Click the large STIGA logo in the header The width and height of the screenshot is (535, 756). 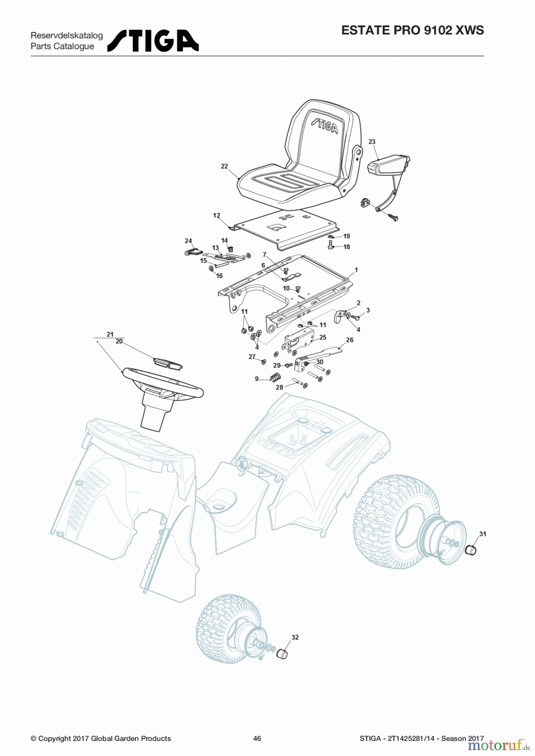click(153, 41)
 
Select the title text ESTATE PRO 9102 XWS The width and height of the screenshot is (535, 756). click(413, 30)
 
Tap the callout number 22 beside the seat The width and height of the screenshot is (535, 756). click(225, 166)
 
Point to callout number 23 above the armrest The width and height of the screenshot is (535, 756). click(372, 142)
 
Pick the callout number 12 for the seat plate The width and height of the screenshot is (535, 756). click(217, 215)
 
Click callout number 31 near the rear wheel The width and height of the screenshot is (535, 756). click(482, 534)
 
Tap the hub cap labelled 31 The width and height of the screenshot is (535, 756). click(471, 549)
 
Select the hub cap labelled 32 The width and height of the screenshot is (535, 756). click(282, 654)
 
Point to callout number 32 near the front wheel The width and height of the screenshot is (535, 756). click(295, 637)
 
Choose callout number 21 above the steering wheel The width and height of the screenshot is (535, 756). click(110, 334)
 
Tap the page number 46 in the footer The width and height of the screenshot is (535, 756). click(257, 738)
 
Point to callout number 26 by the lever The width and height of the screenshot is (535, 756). click(350, 340)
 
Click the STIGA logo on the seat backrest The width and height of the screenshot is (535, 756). click(324, 125)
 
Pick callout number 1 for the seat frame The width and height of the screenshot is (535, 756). click(356, 270)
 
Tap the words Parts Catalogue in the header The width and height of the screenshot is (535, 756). click(62, 47)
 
